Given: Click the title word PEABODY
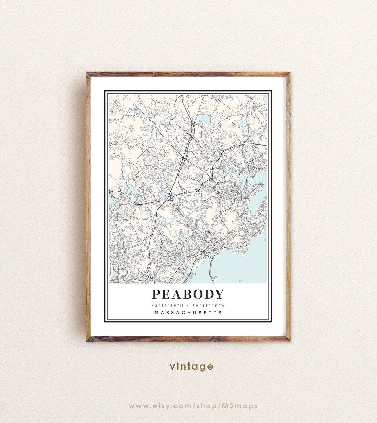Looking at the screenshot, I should pyautogui.click(x=188, y=295).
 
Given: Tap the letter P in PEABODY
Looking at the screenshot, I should pyautogui.click(x=156, y=295).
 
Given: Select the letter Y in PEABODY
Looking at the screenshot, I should pyautogui.click(x=219, y=295).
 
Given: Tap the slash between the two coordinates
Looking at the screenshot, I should pyautogui.click(x=188, y=306).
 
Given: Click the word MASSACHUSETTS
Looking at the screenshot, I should pyautogui.click(x=188, y=313).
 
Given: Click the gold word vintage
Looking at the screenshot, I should pyautogui.click(x=191, y=366).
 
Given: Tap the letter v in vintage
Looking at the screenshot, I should pyautogui.click(x=172, y=367).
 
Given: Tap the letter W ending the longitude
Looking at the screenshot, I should pyautogui.click(x=223, y=306).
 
